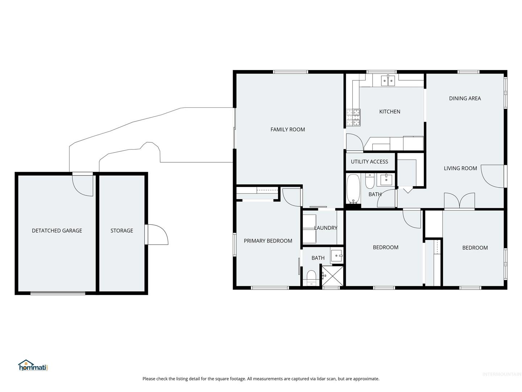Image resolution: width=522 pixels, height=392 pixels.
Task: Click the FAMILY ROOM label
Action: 287,130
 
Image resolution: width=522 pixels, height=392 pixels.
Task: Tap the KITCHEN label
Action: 390,111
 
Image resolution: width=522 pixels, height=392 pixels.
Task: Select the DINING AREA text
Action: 465,98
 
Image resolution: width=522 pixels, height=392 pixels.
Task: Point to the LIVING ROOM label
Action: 460,168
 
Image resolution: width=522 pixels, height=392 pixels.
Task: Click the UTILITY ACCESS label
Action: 369,162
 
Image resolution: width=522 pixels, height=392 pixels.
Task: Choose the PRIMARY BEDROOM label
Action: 268,241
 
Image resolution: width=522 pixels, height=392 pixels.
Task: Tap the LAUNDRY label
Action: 326,228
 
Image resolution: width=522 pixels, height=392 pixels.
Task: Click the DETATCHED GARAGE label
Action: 57,230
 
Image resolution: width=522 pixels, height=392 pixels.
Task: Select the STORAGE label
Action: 121,230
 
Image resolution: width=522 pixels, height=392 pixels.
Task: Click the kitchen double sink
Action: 388,81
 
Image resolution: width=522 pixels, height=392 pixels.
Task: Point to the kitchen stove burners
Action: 353,117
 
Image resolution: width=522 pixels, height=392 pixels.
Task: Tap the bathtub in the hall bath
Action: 353,188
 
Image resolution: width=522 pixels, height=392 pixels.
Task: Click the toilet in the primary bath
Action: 311,278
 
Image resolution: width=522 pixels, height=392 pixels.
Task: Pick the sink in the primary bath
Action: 337,256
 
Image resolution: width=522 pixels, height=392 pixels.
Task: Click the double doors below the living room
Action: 459,201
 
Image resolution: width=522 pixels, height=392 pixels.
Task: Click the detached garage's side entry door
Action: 82,185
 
